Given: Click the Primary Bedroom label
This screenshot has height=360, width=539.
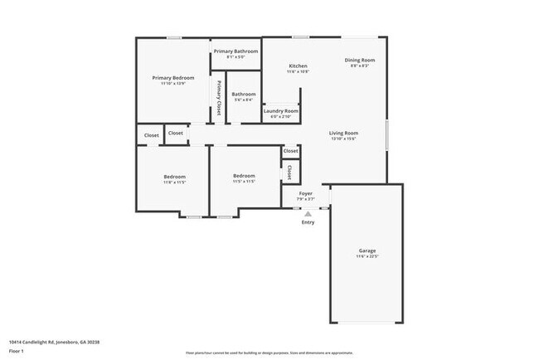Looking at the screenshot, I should [172, 77].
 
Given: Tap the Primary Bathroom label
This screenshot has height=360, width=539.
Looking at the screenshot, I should [236, 51].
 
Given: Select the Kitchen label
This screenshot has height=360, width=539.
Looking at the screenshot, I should [298, 66].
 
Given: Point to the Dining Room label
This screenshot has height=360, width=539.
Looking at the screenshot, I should [360, 60].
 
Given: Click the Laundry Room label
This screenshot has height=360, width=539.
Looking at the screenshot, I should [280, 110].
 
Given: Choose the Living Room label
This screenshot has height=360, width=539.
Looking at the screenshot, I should [342, 133].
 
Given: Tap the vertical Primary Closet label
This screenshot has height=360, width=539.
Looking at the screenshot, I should [219, 97].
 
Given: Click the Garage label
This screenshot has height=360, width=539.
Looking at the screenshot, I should [367, 250].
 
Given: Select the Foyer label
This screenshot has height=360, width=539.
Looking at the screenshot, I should [305, 193].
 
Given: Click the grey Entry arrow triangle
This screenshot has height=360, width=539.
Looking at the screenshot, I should [308, 213].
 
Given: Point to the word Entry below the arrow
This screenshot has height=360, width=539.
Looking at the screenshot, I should [308, 221].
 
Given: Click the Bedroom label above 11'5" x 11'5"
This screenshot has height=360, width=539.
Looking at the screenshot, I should [244, 175].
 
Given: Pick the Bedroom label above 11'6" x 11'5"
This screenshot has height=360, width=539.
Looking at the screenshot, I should [174, 176].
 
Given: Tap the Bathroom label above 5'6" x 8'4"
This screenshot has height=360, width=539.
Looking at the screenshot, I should [243, 94].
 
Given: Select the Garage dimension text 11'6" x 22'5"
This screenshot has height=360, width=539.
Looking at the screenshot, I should [367, 256].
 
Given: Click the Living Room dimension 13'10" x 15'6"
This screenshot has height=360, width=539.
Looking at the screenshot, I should [342, 139].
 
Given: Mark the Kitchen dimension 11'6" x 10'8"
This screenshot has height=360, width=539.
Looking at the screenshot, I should [298, 71].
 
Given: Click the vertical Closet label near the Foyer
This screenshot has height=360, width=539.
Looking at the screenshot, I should [289, 172].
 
